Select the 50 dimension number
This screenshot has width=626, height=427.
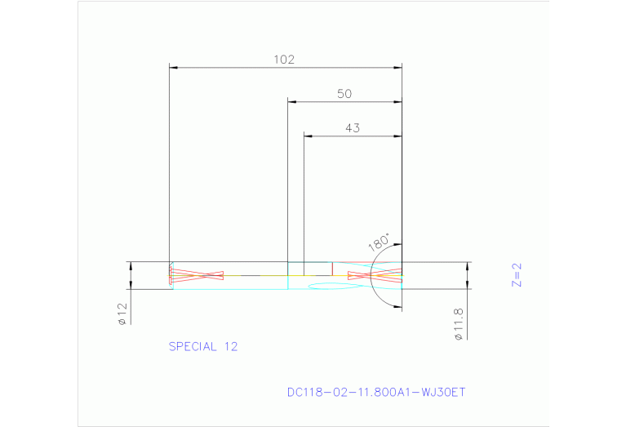tap(344, 94)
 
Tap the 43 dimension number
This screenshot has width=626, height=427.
tap(352, 127)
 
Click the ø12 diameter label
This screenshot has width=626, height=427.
tap(122, 314)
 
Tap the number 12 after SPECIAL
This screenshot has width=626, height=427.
tap(229, 346)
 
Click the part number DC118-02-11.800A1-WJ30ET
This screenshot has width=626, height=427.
tap(375, 392)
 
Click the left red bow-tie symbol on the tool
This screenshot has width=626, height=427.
tap(197, 275)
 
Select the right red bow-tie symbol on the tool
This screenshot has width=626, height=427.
tap(375, 276)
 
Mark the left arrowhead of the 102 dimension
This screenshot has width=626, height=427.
tap(173, 67)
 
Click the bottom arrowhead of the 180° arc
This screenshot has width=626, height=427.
tap(397, 305)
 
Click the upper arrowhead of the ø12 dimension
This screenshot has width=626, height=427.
tap(130, 265)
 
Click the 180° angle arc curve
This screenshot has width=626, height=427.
tap(371, 278)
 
